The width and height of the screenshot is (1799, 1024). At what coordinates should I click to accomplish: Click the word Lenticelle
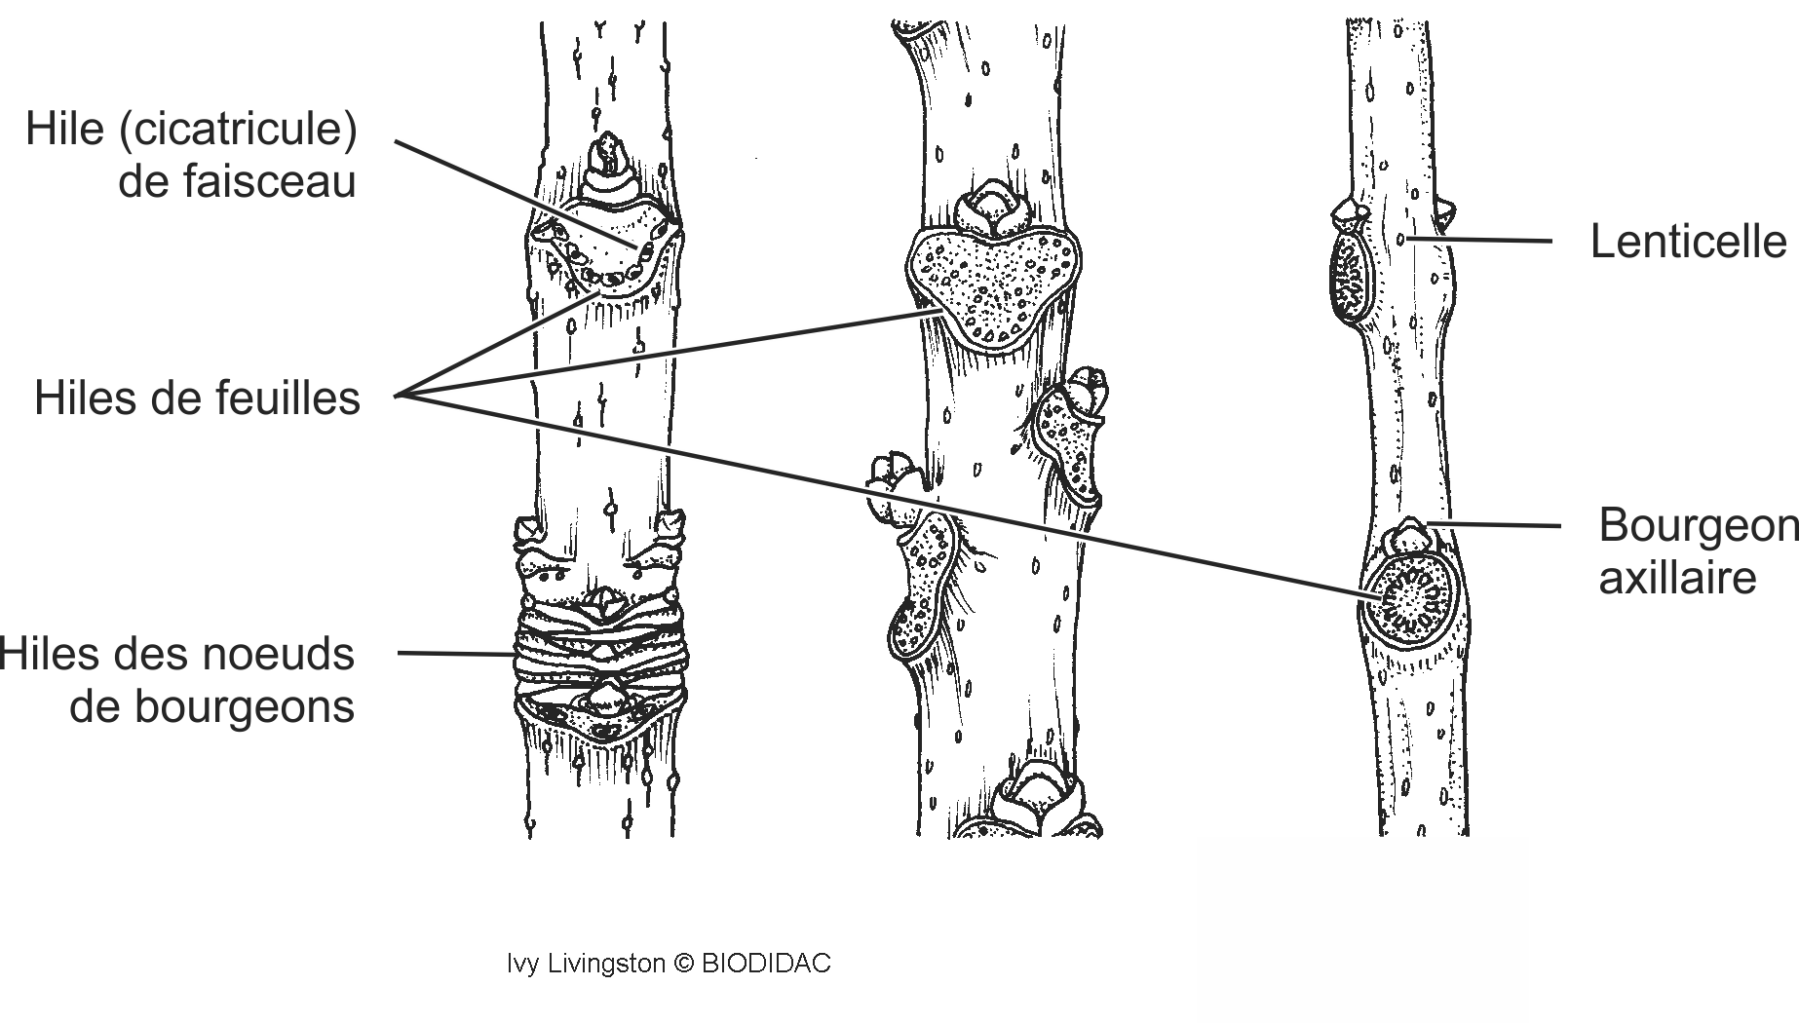pyautogui.click(x=1688, y=242)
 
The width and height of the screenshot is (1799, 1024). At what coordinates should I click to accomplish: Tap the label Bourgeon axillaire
pyautogui.click(x=1698, y=551)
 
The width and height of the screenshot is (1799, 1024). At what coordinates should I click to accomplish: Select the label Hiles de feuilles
pyautogui.click(x=197, y=398)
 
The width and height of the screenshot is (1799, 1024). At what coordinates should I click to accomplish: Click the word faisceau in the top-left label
pyautogui.click(x=237, y=182)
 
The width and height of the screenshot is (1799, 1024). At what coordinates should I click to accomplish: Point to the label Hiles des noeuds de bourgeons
pyautogui.click(x=177, y=680)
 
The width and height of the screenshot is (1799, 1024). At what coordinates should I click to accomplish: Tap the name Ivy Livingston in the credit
pyautogui.click(x=585, y=965)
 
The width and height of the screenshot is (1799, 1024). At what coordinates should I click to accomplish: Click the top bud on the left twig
pyautogui.click(x=610, y=164)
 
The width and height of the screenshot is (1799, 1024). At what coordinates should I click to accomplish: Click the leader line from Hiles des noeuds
pyautogui.click(x=456, y=654)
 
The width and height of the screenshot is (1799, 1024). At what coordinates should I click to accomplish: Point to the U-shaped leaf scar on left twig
pyautogui.click(x=604, y=253)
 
